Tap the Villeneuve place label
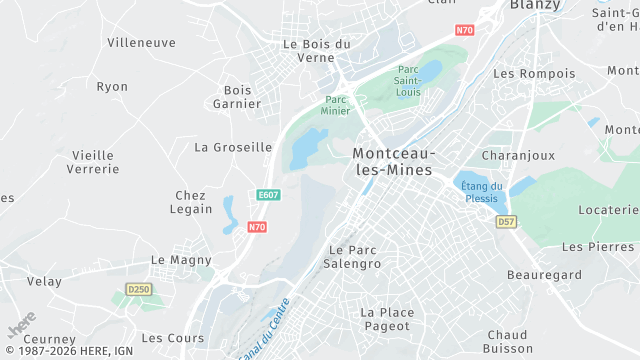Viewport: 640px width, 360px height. (x=141, y=43)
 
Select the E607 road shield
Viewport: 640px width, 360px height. (x=267, y=195)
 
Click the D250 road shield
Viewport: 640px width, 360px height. (x=138, y=289)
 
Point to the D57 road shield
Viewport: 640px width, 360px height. (x=506, y=221)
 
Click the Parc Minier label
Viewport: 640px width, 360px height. (x=336, y=105)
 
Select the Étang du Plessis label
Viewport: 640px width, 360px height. (x=482, y=192)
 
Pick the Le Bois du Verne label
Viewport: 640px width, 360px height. (x=317, y=50)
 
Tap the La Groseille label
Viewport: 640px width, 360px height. (x=233, y=147)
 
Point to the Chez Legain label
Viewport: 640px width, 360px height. (x=193, y=202)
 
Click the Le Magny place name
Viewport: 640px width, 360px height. (x=181, y=259)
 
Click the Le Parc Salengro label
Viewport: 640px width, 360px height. (x=355, y=256)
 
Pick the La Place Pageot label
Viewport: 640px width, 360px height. (x=386, y=319)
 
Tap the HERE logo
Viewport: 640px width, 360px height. (x=21, y=328)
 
